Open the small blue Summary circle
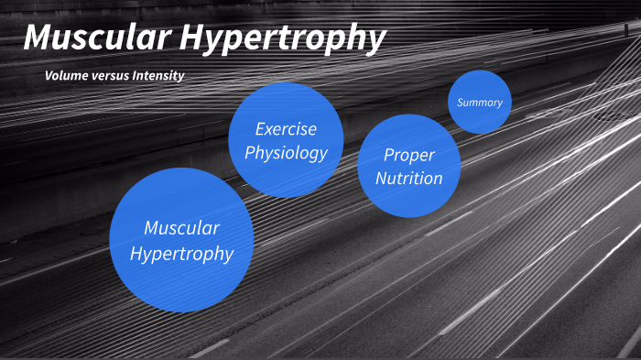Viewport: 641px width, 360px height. (x=480, y=102)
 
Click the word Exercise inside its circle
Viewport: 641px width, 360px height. (x=286, y=129)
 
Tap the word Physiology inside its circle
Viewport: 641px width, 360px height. (x=286, y=152)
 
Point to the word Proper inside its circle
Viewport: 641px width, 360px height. (x=409, y=155)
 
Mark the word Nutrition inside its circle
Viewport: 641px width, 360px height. (x=409, y=178)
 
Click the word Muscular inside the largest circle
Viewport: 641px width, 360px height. (x=181, y=227)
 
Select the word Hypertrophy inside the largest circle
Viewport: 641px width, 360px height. (x=181, y=253)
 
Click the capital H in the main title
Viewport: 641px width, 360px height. (x=190, y=38)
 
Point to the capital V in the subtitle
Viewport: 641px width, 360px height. (x=49, y=75)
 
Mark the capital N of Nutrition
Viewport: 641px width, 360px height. (x=381, y=178)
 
